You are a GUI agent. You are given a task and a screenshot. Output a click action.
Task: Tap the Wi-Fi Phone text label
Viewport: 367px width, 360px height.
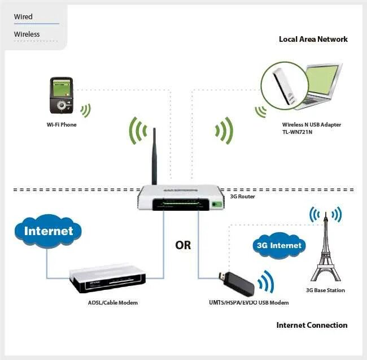pos(62,124)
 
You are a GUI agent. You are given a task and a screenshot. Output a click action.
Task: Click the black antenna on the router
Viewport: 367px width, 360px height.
pos(154,155)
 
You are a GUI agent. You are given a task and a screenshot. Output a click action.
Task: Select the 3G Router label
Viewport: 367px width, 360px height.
pos(242,197)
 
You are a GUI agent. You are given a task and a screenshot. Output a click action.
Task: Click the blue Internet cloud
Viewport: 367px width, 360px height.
pos(49,231)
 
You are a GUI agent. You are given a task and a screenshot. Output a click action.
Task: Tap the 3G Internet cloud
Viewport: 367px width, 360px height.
pos(279,245)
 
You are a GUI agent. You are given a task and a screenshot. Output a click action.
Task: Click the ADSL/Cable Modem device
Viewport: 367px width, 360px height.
pos(107,279)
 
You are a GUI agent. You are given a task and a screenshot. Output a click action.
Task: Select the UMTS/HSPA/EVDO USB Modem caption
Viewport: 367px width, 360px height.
pos(245,303)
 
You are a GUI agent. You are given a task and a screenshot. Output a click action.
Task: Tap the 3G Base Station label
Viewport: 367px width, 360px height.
pos(325,290)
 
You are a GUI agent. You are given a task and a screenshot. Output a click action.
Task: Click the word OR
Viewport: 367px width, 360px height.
pos(183,245)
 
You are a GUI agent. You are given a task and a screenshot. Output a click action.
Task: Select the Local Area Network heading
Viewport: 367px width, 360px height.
pos(313,39)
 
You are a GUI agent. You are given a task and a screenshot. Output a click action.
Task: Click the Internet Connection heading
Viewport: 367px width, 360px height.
pos(312,325)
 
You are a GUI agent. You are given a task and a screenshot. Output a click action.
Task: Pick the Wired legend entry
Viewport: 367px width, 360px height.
pos(23,17)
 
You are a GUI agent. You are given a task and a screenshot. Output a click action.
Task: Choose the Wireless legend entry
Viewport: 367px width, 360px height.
pos(27,34)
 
